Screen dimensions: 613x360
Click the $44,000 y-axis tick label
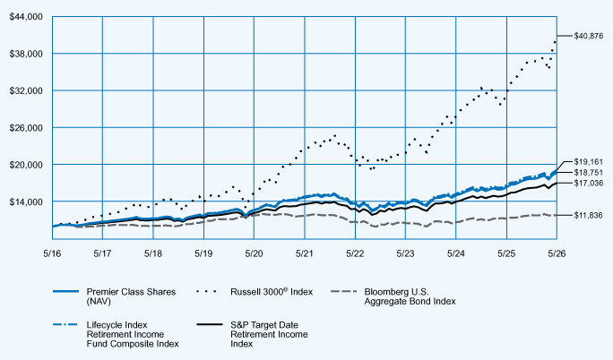pyautogui.click(x=26, y=17)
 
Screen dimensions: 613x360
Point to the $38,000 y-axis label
pyautogui.click(x=26, y=54)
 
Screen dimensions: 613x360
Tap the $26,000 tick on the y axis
pyautogui.click(x=26, y=128)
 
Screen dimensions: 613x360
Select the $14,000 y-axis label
pyautogui.click(x=26, y=201)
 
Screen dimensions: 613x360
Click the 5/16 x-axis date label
pyautogui.click(x=52, y=253)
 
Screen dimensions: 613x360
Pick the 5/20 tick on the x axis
pyautogui.click(x=255, y=253)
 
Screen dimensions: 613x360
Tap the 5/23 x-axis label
pyautogui.click(x=405, y=253)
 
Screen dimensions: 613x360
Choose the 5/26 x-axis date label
pyautogui.click(x=557, y=253)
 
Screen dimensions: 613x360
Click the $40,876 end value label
pyautogui.click(x=589, y=36)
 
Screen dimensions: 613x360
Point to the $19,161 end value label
pyautogui.click(x=589, y=162)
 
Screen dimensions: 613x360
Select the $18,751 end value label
pyautogui.click(x=589, y=173)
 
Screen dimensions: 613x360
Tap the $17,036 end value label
pyautogui.click(x=589, y=183)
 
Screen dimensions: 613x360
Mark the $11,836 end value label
pyautogui.click(x=589, y=215)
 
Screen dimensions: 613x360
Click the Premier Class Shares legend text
pyautogui.click(x=131, y=296)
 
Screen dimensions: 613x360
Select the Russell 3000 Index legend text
pyautogui.click(x=272, y=292)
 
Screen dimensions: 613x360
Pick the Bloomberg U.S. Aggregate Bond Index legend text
pyautogui.click(x=410, y=296)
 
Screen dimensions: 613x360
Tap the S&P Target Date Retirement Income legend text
pyautogui.click(x=269, y=334)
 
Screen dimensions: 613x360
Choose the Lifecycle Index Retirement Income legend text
pyautogui.click(x=133, y=334)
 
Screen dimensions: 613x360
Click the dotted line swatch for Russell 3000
pyautogui.click(x=206, y=291)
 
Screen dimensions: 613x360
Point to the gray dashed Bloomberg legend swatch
pyautogui.click(x=343, y=291)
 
